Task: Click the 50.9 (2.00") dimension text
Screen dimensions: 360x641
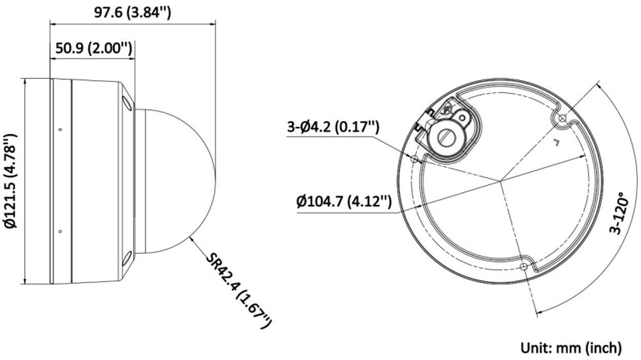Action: point(94,49)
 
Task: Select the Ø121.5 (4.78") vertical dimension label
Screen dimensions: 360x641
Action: point(9,181)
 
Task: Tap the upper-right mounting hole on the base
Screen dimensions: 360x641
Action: point(562,120)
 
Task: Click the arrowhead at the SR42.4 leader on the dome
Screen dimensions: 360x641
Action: point(192,239)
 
